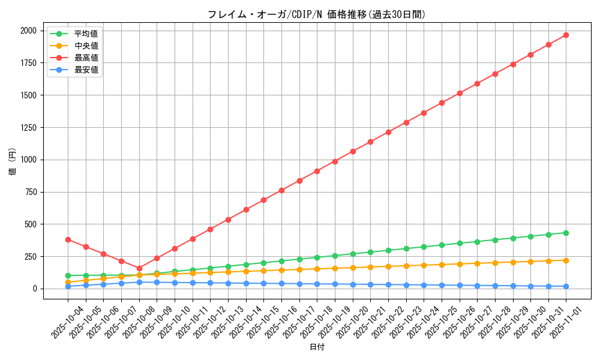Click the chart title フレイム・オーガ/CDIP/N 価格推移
(317, 14)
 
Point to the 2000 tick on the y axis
(29, 31)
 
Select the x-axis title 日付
(317, 347)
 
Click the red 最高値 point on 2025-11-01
(566, 35)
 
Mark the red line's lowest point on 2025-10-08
(139, 268)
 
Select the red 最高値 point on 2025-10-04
(68, 239)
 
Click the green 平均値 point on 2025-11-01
(566, 233)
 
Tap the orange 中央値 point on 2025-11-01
(566, 260)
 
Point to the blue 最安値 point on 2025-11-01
(566, 286)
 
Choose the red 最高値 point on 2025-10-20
(353, 151)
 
